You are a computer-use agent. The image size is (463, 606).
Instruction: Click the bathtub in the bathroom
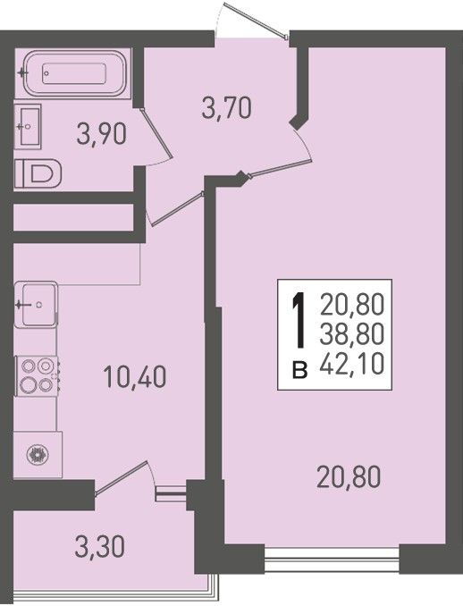coord(74,73)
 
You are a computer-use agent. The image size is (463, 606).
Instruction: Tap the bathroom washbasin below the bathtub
coord(28,126)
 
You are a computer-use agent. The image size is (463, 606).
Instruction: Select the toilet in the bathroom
coord(38,173)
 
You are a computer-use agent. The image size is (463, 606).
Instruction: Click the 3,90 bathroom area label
coord(102,133)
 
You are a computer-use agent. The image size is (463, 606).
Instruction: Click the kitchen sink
coord(36,305)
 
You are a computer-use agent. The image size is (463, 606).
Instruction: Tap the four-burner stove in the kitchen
coord(37,375)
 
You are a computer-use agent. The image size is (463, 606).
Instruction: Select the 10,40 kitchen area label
coord(135,377)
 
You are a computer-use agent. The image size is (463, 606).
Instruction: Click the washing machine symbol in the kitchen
coord(38,454)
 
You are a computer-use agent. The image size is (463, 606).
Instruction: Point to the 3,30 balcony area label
coord(100,547)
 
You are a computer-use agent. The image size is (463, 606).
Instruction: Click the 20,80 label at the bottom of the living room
coord(349,477)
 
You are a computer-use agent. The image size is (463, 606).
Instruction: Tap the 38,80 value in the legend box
coord(351,334)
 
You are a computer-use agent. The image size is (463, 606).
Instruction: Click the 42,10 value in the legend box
coord(351,364)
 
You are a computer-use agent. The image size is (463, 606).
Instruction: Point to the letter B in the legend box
coord(300,370)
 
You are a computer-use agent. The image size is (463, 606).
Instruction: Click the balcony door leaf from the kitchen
coord(121,477)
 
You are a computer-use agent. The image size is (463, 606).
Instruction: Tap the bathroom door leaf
coord(156,133)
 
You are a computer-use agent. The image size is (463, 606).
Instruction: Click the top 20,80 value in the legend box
coord(351,304)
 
